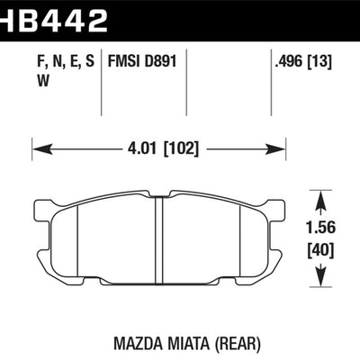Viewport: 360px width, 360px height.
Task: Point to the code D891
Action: click(x=162, y=63)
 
